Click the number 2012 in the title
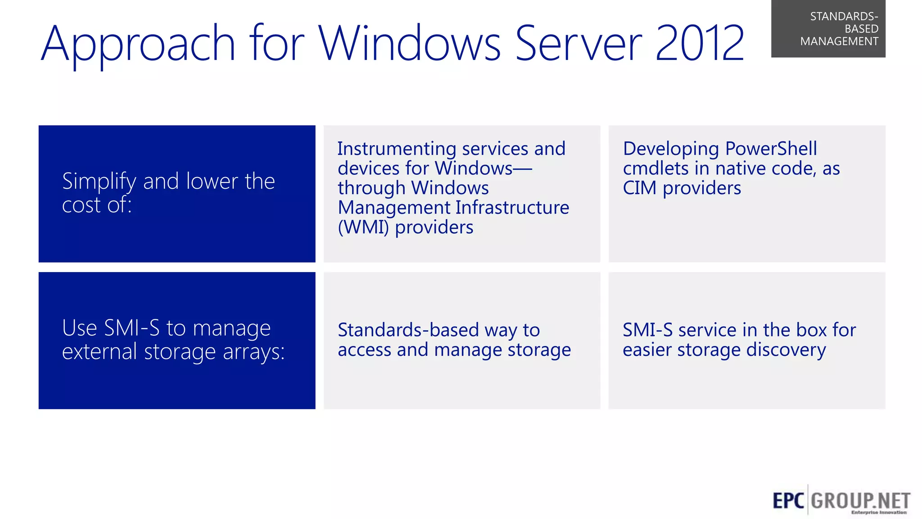[699, 44]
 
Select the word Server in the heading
[578, 44]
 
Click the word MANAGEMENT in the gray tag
[839, 41]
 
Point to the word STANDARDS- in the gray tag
[844, 17]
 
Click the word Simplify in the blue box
[99, 182]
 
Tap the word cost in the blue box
[81, 205]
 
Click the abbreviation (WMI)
[363, 228]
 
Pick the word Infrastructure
[512, 208]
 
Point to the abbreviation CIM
[639, 188]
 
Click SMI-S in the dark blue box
[131, 328]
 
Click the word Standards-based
[408, 330]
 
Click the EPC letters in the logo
[788, 501]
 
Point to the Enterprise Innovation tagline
[878, 512]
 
